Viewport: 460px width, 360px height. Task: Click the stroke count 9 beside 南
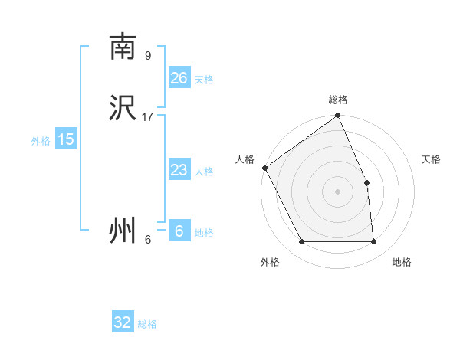tap(148, 56)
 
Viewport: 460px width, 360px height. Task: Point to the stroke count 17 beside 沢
tap(148, 117)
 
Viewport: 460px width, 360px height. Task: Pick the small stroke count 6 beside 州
tap(148, 240)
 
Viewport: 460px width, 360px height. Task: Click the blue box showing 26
tap(179, 78)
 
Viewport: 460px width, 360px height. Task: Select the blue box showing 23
tap(179, 170)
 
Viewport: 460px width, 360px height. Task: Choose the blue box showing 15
tap(66, 139)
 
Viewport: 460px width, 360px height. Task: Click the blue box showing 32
tap(123, 322)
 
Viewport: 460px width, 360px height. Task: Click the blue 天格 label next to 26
tap(204, 80)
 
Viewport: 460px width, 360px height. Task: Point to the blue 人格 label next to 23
tap(204, 172)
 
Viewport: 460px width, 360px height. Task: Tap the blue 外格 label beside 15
tap(41, 141)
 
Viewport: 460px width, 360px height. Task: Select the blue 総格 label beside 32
tap(147, 324)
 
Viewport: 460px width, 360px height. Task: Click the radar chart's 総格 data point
tap(337, 116)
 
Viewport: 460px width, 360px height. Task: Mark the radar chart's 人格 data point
tap(264, 168)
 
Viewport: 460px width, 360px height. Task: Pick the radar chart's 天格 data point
tap(366, 182)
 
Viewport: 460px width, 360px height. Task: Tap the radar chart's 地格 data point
tap(373, 242)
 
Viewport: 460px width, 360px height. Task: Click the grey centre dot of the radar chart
tap(337, 191)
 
